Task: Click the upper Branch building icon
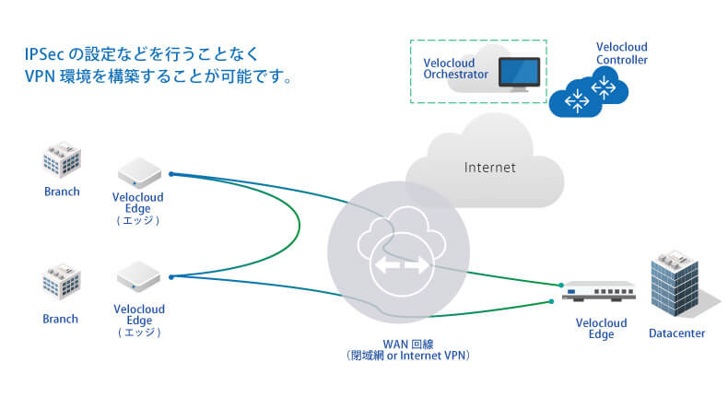click(62, 162)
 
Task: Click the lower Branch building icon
click(62, 287)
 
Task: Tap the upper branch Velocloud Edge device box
click(139, 170)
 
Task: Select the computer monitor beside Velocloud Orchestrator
click(519, 73)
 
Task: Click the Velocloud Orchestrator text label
click(454, 69)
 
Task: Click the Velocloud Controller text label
click(622, 53)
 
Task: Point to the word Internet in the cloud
click(489, 168)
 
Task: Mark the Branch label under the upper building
click(62, 193)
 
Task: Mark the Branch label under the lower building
click(62, 319)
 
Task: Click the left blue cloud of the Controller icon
click(577, 97)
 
